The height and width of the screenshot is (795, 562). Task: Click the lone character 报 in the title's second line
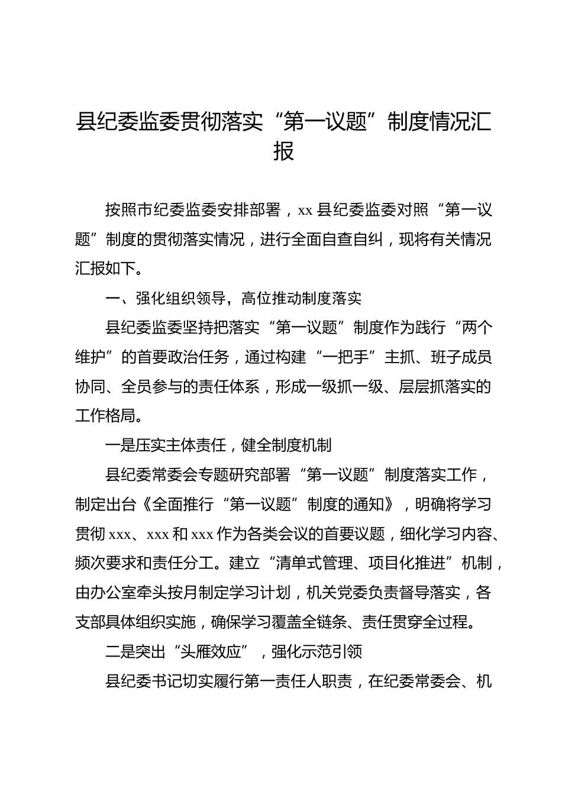point(283,151)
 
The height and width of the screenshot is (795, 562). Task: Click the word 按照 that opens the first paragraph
point(121,209)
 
